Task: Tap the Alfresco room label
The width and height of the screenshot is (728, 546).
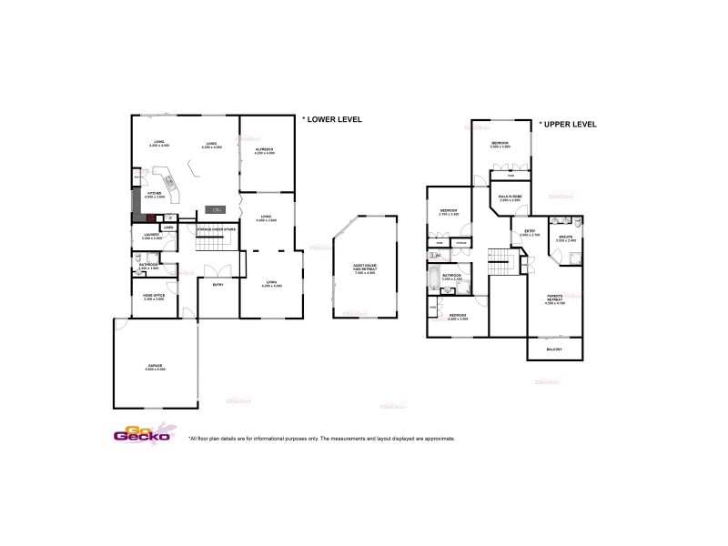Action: (265, 150)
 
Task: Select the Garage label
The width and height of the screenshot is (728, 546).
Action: (155, 367)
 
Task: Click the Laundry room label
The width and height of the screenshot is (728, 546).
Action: (151, 236)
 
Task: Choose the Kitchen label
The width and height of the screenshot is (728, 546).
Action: (153, 194)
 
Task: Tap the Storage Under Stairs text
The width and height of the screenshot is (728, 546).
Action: (217, 228)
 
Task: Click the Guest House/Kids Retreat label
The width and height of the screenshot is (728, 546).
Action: (365, 268)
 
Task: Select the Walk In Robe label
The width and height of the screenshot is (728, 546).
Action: (510, 197)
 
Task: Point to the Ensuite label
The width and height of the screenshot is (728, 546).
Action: (566, 239)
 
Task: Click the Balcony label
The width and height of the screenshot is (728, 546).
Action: (555, 349)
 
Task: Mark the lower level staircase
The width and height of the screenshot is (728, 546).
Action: (217, 244)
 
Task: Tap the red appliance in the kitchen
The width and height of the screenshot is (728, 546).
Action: (139, 218)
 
